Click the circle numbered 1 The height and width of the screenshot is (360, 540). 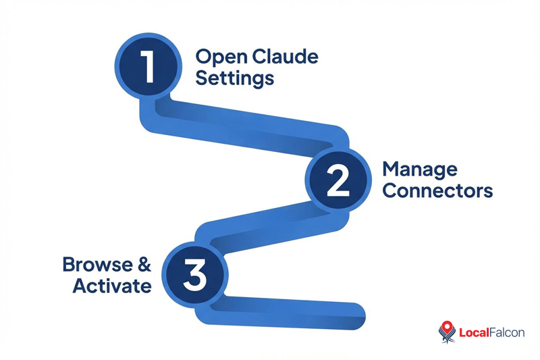pos(148,66)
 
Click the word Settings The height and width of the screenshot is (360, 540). pos(234,78)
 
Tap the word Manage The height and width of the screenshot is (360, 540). pos(420,169)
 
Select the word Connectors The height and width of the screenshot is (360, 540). pos(437,191)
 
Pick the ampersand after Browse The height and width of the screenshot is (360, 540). pos(142,263)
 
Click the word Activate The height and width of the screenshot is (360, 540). pos(112,286)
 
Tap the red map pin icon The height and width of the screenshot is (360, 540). pos(446,331)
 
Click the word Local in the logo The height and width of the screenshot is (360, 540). pos(473,332)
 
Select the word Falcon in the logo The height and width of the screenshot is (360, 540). pos(506,332)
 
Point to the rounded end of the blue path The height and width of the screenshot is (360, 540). pos(358,312)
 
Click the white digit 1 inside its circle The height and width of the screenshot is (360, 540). pos(148,66)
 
